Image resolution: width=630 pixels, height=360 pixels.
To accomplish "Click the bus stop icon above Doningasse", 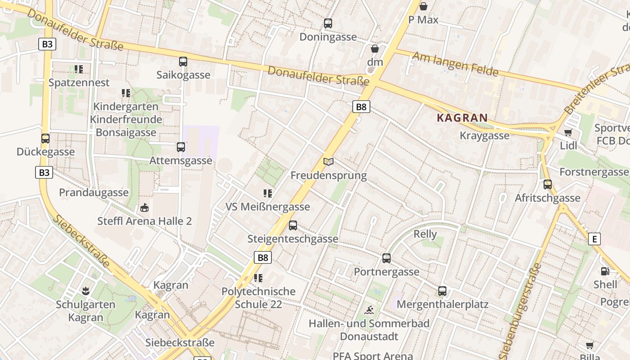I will point(328,23).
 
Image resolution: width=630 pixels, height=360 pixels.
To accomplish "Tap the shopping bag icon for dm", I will point(375,49).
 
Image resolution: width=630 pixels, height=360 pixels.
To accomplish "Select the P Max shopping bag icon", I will point(423,6).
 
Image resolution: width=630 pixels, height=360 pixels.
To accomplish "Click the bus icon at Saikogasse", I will point(183,62).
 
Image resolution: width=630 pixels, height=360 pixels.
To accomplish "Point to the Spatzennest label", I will point(79,83).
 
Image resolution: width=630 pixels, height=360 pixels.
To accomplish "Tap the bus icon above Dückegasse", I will point(45,139).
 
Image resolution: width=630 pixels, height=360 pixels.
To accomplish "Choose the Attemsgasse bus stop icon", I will point(181,147).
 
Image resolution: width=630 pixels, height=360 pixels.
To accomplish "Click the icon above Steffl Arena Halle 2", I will point(144,208).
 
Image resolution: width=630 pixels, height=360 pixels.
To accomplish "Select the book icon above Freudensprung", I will point(328,162).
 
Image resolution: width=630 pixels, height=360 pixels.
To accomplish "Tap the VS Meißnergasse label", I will point(268,207).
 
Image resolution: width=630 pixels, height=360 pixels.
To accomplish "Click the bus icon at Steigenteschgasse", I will point(293,225).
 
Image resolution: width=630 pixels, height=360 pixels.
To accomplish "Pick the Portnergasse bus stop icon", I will point(387,258).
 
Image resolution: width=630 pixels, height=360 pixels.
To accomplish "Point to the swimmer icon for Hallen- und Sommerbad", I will point(369,310).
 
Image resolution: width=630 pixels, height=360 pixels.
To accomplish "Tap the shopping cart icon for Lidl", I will point(568,132).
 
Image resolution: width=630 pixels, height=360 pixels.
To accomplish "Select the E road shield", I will point(594,239).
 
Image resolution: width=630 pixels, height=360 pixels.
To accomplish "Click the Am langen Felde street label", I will point(455,64).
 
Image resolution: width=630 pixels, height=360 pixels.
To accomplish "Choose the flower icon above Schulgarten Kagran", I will point(85,291).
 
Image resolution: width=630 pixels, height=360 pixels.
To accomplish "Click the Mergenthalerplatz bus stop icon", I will point(442,291).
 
